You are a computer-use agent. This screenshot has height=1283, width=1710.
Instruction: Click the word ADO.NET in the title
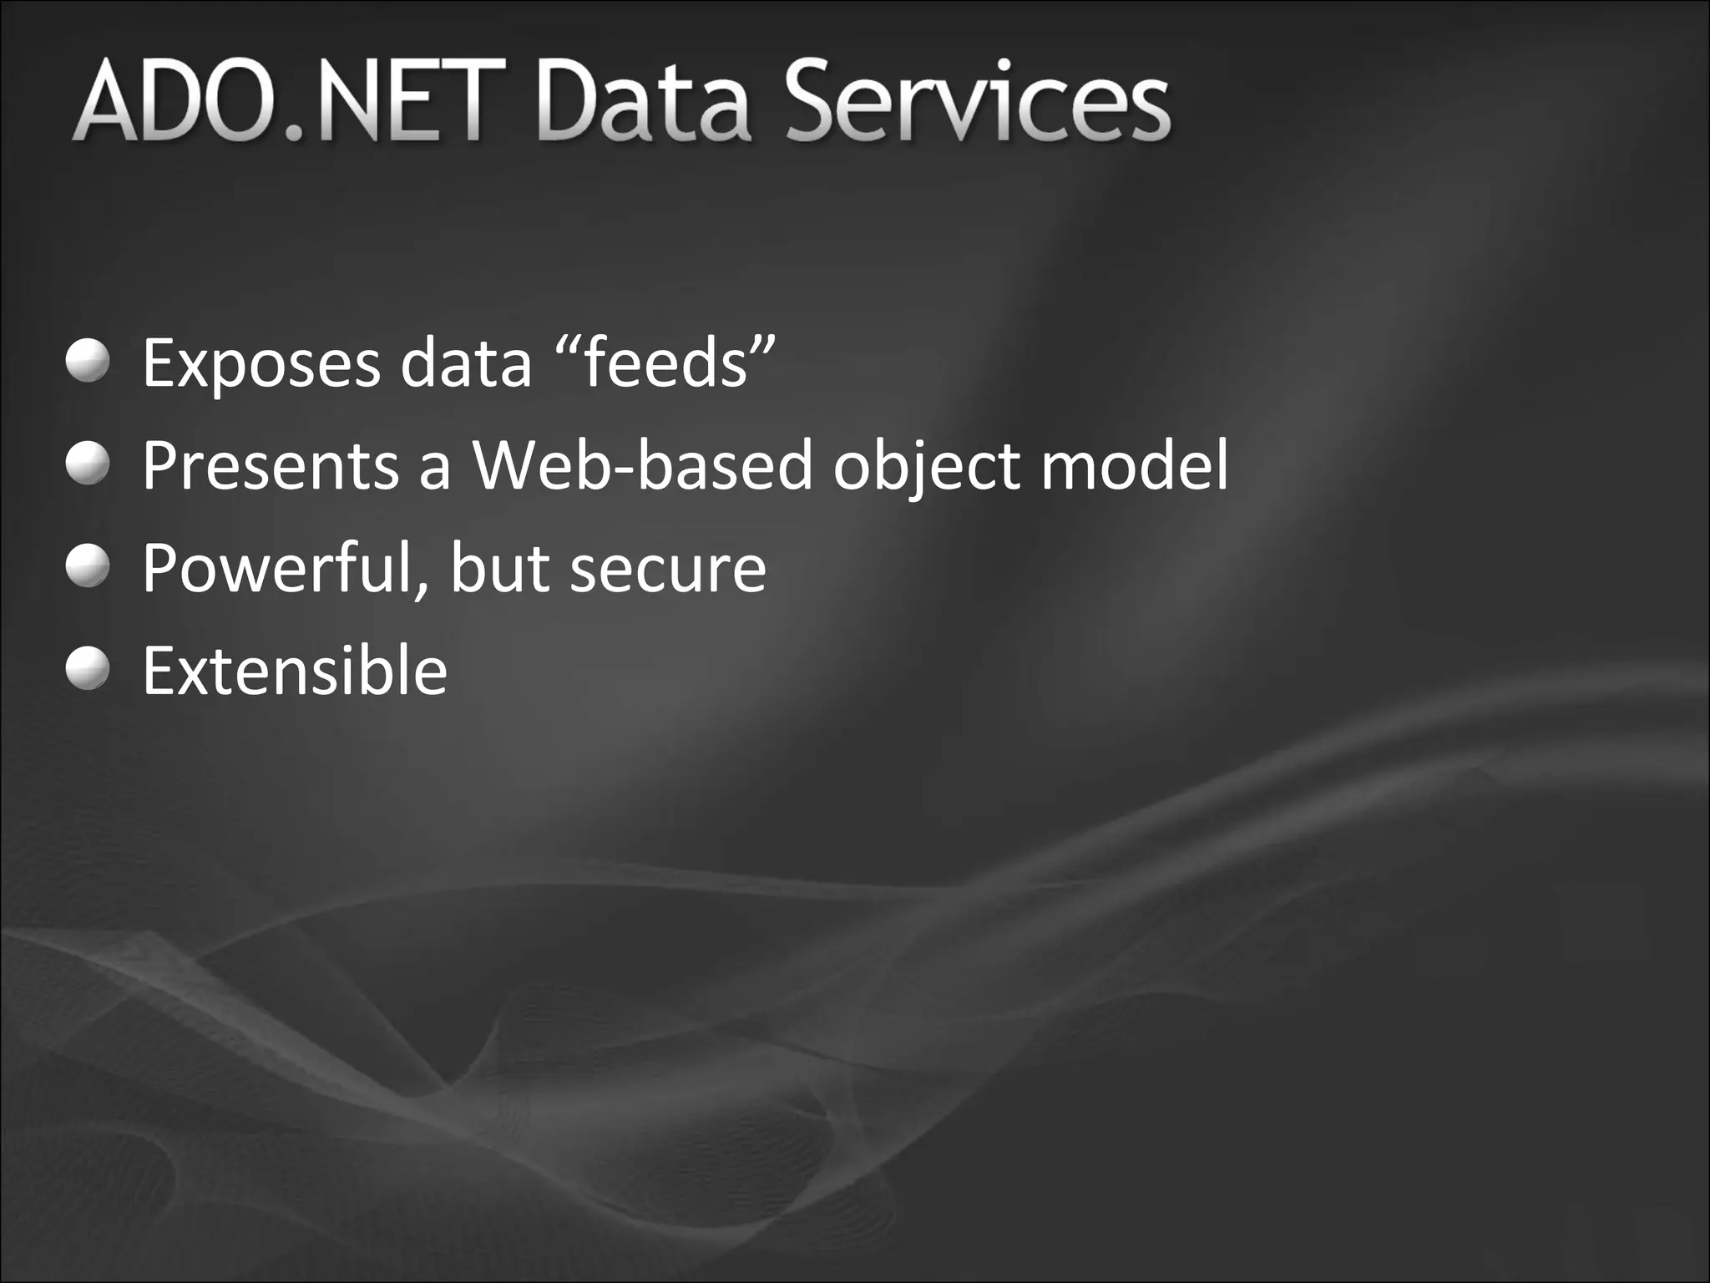click(x=288, y=102)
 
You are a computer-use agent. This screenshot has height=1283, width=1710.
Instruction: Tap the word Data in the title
click(x=650, y=102)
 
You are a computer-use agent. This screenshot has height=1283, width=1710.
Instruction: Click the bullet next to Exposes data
click(x=88, y=361)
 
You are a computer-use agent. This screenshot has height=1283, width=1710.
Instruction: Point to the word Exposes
click(x=261, y=364)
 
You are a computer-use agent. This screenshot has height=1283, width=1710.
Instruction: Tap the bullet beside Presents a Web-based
click(x=88, y=463)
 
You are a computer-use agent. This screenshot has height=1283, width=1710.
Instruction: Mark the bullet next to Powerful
click(x=88, y=565)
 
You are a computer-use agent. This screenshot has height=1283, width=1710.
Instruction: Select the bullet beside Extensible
click(x=88, y=669)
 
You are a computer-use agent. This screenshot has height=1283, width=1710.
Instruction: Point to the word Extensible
click(x=295, y=671)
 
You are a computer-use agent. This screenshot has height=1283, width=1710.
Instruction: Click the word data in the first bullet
click(x=465, y=364)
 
